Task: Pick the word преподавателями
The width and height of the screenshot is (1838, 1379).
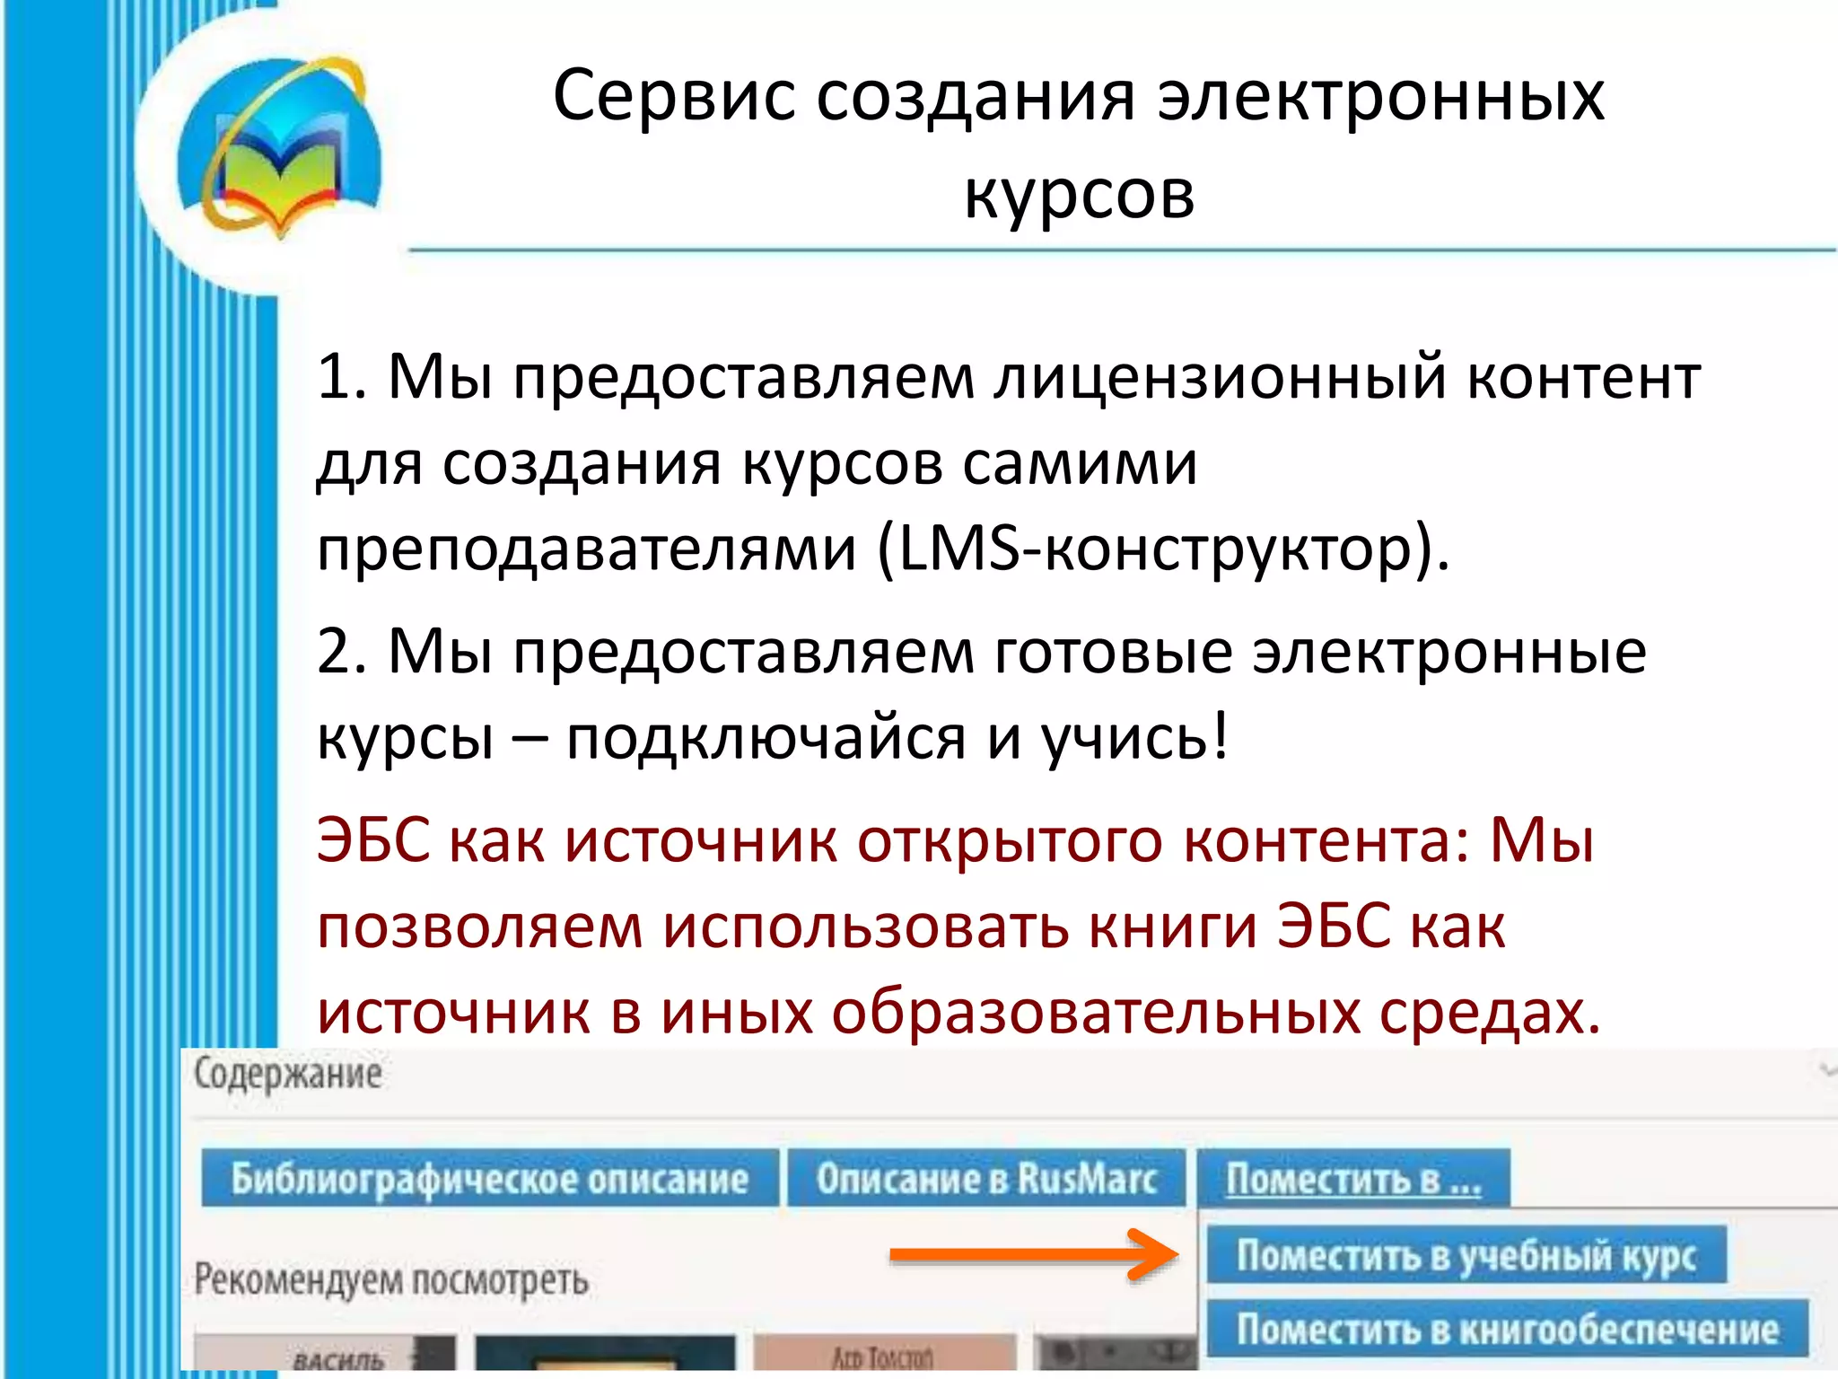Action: [x=587, y=549]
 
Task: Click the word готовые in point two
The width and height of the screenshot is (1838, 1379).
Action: [x=1113, y=652]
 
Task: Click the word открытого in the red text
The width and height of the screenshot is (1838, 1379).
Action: [x=1010, y=842]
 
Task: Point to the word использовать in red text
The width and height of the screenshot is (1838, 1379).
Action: [x=866, y=928]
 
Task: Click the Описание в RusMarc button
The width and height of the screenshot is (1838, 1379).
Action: [x=986, y=1179]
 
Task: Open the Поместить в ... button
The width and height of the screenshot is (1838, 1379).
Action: [x=1353, y=1179]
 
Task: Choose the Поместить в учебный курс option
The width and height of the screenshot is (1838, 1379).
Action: [x=1466, y=1255]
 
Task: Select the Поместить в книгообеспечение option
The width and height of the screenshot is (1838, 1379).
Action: [x=1507, y=1330]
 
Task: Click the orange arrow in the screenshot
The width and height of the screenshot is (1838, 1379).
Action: [x=1032, y=1254]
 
